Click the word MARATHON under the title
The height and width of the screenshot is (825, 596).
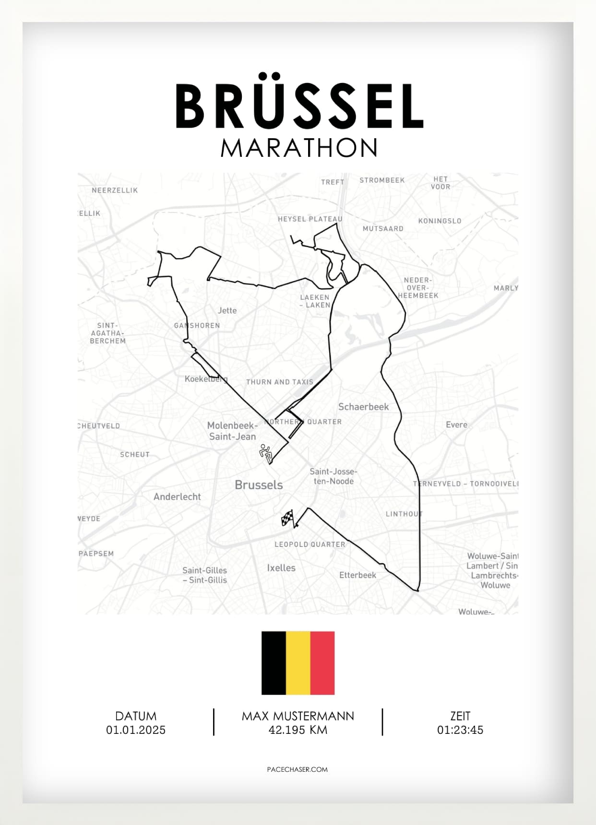[x=299, y=148]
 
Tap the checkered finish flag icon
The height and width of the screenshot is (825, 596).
[x=287, y=519]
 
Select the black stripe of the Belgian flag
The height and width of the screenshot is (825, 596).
[x=274, y=663]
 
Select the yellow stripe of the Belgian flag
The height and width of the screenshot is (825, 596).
[x=298, y=663]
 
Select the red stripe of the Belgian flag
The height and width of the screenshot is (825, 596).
[x=322, y=663]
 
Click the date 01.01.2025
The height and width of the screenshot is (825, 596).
[x=136, y=730]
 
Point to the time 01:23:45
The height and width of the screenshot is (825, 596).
[x=460, y=730]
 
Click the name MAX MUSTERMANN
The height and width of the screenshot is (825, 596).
[x=298, y=716]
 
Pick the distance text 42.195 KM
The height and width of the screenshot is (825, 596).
[x=298, y=730]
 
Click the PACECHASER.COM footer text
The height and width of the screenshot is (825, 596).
[x=297, y=769]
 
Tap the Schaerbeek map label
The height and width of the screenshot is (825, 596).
[x=363, y=407]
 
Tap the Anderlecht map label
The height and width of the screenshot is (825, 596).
[x=177, y=497]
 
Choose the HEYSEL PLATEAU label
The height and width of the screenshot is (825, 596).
[x=310, y=219]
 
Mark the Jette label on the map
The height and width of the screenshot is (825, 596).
[x=227, y=310]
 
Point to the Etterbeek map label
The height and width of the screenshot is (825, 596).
[x=358, y=575]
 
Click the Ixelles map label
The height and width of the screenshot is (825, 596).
[x=281, y=568]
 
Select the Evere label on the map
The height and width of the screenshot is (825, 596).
[x=456, y=424]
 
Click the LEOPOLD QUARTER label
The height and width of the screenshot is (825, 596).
[x=310, y=544]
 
